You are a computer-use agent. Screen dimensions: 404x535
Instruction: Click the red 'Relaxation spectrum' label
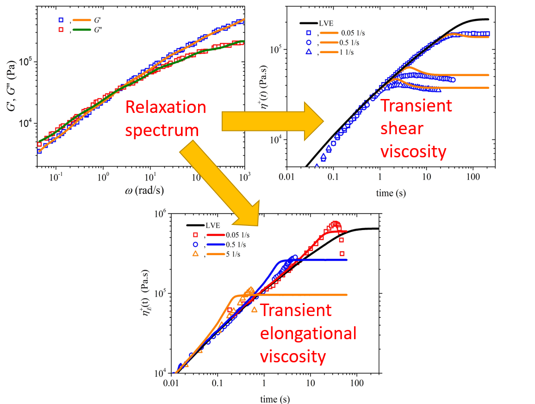pos(166,119)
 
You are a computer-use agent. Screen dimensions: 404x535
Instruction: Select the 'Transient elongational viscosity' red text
pos(308,333)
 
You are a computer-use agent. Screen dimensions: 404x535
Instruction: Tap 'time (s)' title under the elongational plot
pos(275,398)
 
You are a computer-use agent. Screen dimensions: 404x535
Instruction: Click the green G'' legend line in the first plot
pos(82,31)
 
